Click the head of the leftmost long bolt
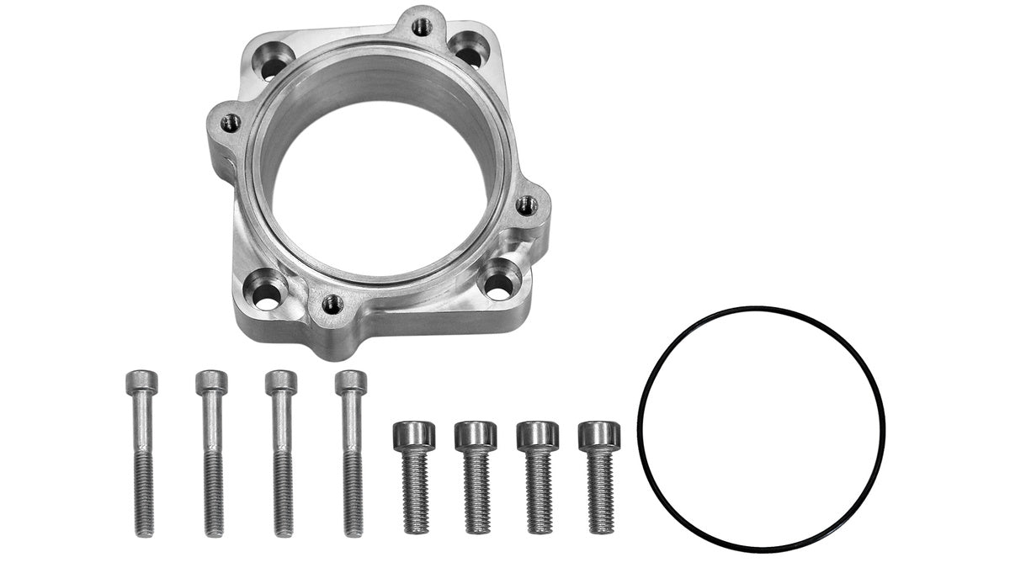(141, 383)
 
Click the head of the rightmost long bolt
(350, 383)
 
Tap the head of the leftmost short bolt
(413, 435)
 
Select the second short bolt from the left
(476, 475)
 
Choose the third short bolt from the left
(537, 475)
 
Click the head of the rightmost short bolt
(599, 434)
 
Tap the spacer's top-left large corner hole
(274, 61)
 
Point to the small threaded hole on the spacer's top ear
(422, 26)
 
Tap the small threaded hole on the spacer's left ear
(230, 123)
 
